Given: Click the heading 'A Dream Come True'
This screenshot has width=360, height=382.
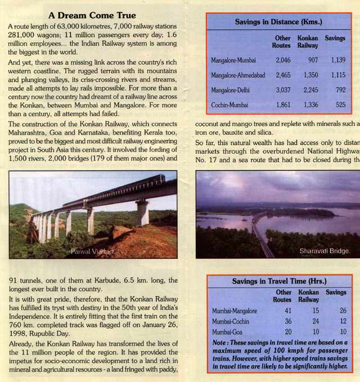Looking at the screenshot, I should (x=92, y=15).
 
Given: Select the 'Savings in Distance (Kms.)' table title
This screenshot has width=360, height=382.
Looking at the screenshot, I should (x=278, y=22).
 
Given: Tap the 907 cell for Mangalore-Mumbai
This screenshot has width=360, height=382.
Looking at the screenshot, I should (x=308, y=59).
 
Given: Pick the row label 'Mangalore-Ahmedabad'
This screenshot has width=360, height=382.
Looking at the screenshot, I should (x=239, y=75).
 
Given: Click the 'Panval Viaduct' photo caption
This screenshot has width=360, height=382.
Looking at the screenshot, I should (x=92, y=251).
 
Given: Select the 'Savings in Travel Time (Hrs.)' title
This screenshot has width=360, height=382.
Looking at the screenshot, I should (x=279, y=281).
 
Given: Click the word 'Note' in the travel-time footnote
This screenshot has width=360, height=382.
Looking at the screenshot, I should (x=220, y=342).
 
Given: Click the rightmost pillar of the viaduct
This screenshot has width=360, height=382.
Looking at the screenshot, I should (x=142, y=212).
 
